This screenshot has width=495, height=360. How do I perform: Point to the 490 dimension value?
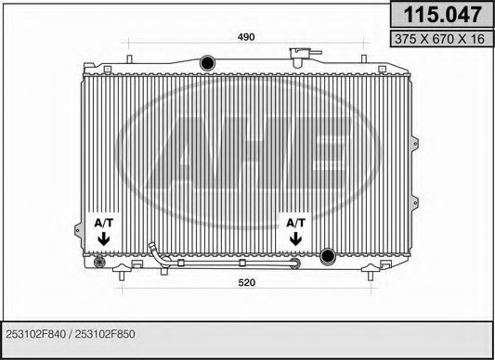tap(244, 37)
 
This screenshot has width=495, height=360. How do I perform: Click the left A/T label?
tap(102, 224)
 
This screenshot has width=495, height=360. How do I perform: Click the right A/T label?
tap(295, 224)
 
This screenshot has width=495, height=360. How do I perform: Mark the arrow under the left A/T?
tap(102, 239)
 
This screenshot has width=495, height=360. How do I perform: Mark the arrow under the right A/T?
tap(295, 239)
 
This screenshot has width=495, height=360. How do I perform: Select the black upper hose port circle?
tap(205, 61)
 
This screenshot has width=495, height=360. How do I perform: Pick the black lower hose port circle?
tap(327, 256)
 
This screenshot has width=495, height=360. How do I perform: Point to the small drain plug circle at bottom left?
tap(100, 263)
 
